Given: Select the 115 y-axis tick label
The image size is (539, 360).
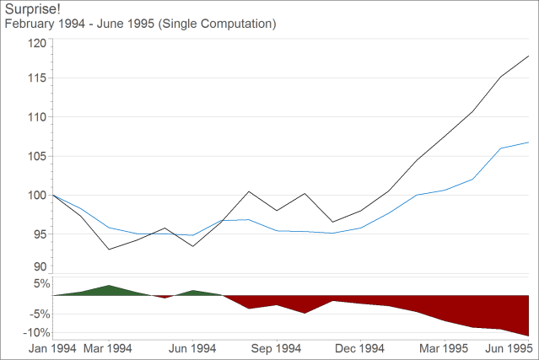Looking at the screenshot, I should pyautogui.click(x=36, y=78).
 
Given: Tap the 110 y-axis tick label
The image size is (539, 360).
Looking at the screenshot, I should pyautogui.click(x=36, y=116).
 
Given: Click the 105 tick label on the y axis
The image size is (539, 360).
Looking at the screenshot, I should pyautogui.click(x=36, y=156).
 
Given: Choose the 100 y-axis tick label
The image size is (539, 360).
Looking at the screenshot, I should pyautogui.click(x=36, y=195).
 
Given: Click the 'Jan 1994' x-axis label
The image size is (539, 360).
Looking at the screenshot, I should pyautogui.click(x=52, y=348).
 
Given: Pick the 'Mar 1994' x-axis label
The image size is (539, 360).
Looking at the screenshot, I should pyautogui.click(x=108, y=348).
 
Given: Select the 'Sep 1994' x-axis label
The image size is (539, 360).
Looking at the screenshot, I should pyautogui.click(x=277, y=348).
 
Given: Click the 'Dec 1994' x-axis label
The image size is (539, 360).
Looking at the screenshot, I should pyautogui.click(x=361, y=348).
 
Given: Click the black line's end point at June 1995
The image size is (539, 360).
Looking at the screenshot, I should pyautogui.click(x=529, y=56).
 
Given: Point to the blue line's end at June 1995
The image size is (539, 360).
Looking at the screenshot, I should pyautogui.click(x=529, y=142).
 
